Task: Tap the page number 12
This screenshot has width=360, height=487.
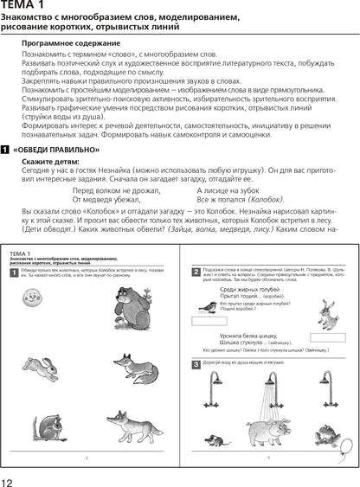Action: coord(9,478)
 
